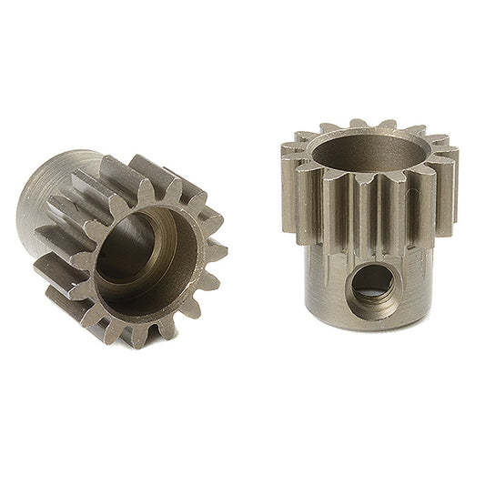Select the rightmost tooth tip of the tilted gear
(221, 249)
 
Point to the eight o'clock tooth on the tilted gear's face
(64, 300)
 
